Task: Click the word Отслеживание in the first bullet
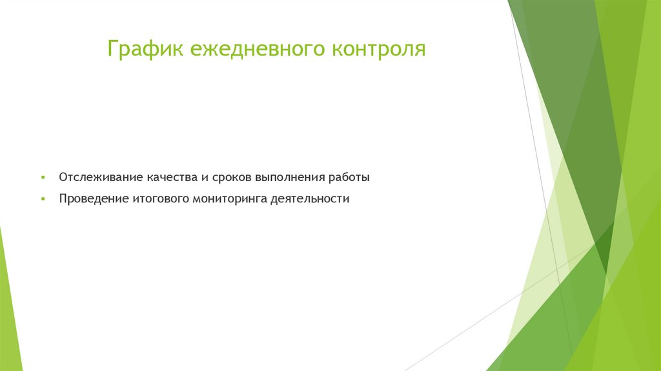(100, 177)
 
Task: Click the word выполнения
(290, 177)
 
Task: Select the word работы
(349, 177)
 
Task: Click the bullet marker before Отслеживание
(43, 177)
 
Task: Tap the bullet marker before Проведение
(43, 199)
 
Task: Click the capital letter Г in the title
(112, 49)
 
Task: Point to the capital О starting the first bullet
(63, 177)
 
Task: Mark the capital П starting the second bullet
(63, 199)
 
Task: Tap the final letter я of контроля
(420, 50)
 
